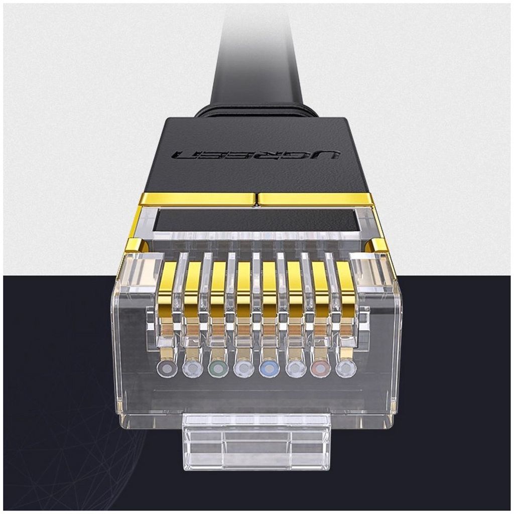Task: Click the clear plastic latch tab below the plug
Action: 256,442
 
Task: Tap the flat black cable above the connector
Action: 256,60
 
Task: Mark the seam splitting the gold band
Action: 256,199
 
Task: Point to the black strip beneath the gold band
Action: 256,220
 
